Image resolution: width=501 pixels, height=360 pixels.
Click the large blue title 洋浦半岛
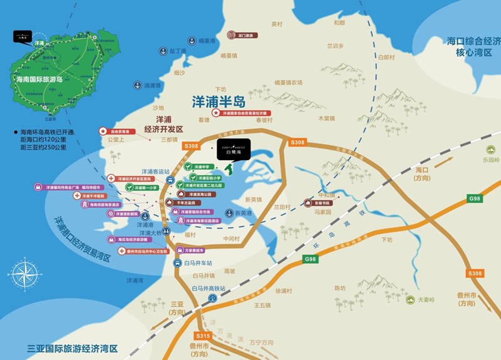point(218,100)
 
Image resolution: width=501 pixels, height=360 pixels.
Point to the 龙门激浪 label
point(240,36)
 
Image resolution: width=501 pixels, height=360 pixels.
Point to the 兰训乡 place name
point(336,46)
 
